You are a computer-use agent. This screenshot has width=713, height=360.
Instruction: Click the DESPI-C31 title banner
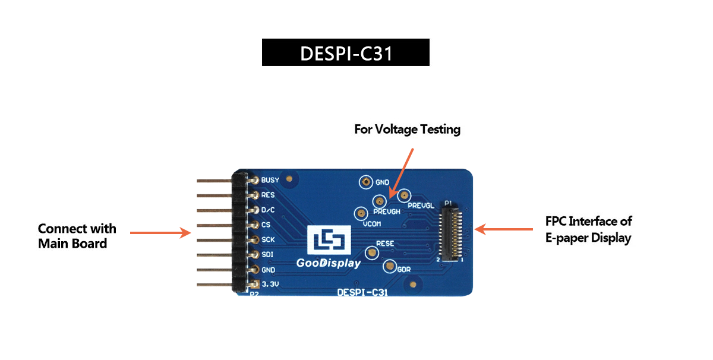346,52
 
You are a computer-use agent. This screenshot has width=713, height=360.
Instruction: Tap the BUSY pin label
270,180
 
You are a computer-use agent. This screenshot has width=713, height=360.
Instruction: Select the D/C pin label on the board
268,210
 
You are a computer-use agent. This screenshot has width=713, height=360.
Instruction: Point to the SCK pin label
268,239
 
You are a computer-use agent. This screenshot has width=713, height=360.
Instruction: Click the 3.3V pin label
270,284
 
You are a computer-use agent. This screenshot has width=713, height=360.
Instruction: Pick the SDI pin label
267,254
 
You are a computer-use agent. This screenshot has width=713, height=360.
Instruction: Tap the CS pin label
266,225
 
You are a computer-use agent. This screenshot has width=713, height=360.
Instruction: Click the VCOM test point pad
361,213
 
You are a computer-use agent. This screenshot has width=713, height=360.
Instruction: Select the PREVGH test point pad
380,201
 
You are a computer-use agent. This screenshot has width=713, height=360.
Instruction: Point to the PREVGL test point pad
404,195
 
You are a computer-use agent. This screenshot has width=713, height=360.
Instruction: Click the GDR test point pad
390,266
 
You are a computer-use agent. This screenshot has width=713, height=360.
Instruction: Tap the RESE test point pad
371,253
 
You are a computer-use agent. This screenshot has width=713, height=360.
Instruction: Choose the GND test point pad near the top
366,182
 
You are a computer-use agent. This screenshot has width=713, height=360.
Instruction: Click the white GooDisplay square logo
329,240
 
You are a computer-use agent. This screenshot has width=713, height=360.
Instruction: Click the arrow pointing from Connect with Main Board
160,233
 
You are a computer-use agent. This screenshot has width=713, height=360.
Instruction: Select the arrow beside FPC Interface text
504,229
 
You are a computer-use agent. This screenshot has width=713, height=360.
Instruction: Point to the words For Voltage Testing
408,130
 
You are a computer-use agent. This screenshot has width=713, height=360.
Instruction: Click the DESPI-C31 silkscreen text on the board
362,292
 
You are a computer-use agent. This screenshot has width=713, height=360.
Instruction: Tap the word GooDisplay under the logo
329,263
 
